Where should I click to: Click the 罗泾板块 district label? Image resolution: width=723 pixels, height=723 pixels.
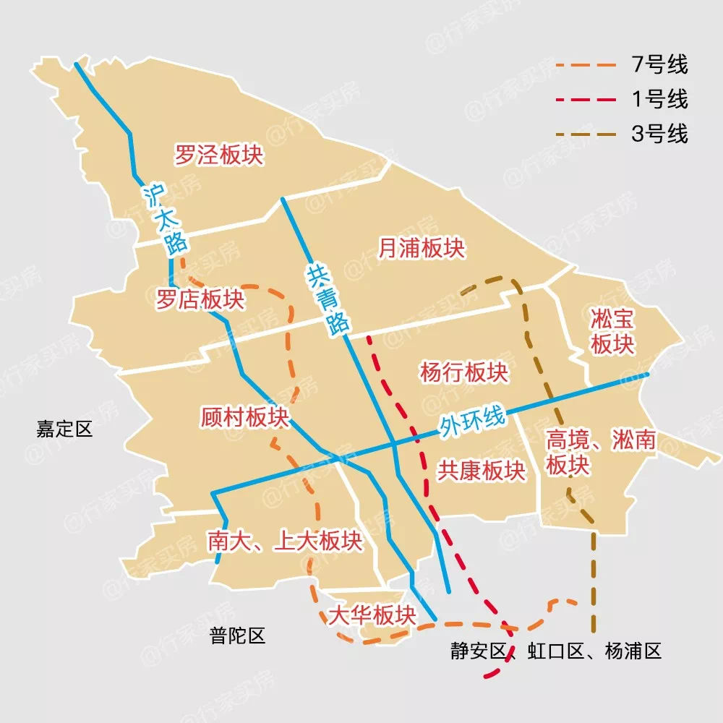click(218, 154)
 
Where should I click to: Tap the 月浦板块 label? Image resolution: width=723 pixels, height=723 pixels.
click(422, 249)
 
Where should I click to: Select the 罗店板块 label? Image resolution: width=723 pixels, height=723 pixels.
click(200, 299)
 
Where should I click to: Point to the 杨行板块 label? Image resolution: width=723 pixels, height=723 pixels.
click(463, 372)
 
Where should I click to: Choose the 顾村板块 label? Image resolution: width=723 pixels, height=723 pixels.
click(244, 417)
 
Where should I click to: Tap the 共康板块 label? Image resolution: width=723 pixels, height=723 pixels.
click(481, 471)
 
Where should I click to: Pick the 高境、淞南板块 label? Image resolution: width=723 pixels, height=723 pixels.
click(600, 453)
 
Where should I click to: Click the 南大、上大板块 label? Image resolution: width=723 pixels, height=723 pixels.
click(284, 541)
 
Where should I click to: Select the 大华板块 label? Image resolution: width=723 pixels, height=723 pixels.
click(372, 615)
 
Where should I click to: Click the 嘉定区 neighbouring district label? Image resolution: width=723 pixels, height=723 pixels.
click(65, 429)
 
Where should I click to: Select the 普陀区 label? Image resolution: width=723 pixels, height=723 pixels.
click(237, 636)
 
